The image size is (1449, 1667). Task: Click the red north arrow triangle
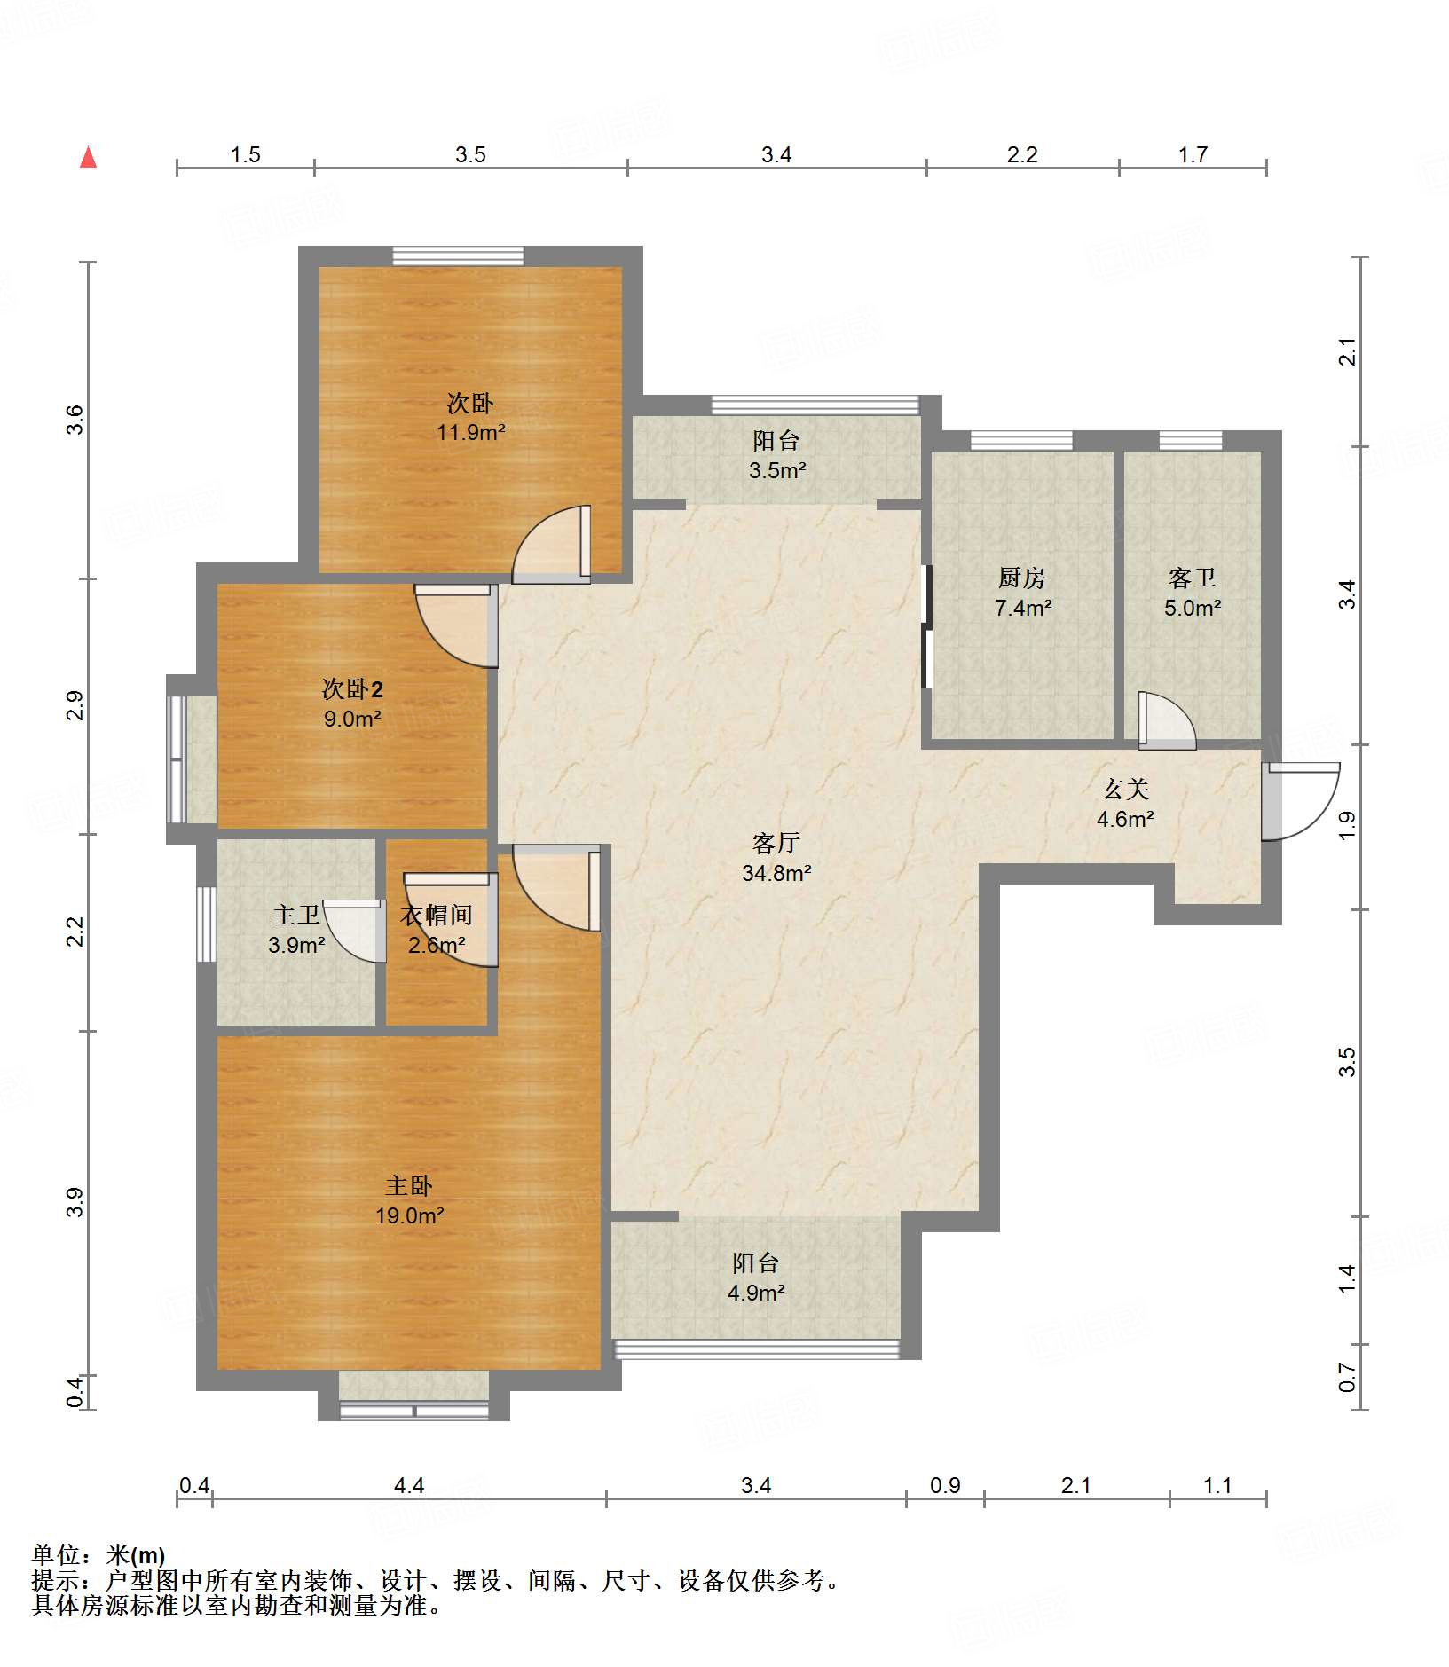click(89, 157)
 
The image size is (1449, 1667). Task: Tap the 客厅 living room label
click(776, 843)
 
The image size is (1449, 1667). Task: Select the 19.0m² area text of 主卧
click(409, 1215)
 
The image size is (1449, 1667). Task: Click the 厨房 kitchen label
click(1022, 578)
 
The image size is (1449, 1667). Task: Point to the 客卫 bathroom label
click(1193, 578)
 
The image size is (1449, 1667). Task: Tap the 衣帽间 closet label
click(436, 916)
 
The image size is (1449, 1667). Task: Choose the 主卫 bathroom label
click(296, 915)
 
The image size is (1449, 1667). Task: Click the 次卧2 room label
click(352, 688)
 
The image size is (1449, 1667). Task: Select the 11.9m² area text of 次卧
click(471, 432)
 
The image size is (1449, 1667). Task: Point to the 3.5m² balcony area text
click(777, 470)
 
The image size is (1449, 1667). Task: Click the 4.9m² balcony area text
click(756, 1293)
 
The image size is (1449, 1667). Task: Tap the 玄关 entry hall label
click(1126, 789)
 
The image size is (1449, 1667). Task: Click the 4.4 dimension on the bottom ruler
click(409, 1485)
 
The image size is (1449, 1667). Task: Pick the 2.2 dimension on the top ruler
click(1022, 155)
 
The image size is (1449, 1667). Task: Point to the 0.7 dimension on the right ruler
click(1348, 1377)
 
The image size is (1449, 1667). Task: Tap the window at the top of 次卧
click(458, 256)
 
